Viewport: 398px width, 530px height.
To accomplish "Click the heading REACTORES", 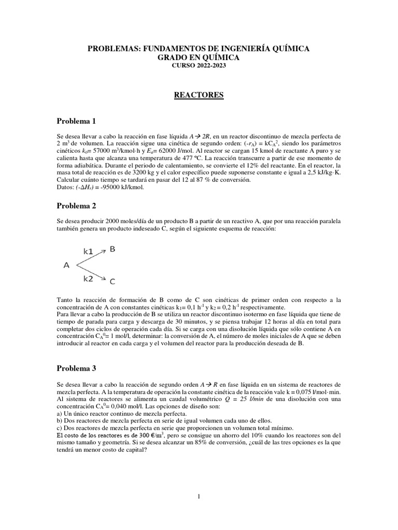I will point(198,95).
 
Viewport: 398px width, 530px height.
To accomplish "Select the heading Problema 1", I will point(76,121).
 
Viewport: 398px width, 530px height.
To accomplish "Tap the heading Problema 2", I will point(76,205).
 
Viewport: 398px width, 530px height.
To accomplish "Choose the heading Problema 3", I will point(76,369).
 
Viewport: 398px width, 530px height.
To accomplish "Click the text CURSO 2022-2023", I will point(198,66).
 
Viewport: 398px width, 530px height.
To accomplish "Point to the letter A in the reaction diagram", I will point(66,265).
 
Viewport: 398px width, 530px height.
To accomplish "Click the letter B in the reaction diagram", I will point(112,249).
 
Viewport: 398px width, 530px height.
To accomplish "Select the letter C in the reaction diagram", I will point(112,282).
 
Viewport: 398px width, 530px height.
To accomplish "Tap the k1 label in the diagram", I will point(89,251).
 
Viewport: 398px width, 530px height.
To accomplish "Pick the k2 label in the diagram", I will point(89,278).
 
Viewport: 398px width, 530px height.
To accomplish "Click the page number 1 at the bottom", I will point(198,496).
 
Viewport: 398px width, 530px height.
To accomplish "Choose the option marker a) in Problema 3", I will point(59,414).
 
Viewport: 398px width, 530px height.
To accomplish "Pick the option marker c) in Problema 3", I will point(59,428).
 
